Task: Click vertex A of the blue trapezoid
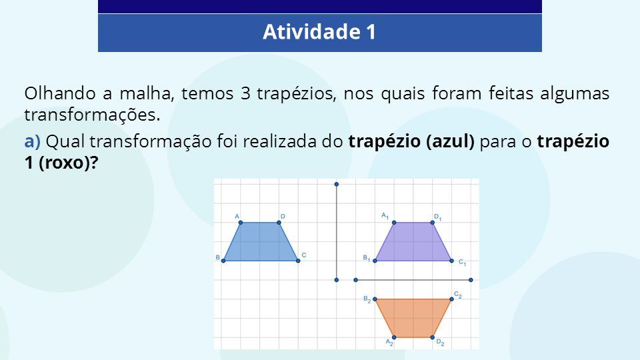(241, 223)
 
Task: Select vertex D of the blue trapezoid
(279, 223)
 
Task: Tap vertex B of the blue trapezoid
(223, 261)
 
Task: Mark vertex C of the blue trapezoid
(298, 261)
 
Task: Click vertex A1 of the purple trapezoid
(394, 223)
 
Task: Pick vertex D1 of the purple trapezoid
(432, 223)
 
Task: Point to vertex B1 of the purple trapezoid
(375, 261)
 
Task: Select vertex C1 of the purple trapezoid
(451, 261)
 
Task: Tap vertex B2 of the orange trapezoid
(375, 299)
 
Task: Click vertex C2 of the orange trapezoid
(451, 299)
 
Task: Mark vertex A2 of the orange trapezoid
(394, 337)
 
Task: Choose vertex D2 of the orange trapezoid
(432, 337)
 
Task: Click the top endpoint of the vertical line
(336, 185)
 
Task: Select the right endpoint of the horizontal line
(471, 280)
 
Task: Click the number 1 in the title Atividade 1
(371, 32)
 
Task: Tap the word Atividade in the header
(312, 32)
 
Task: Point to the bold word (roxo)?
(69, 163)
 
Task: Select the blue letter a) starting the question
(32, 141)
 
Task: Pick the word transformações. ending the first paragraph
(92, 115)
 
